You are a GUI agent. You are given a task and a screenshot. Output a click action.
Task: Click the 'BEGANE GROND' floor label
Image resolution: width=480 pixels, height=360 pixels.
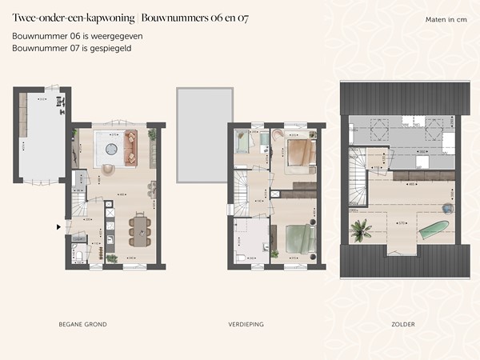point(82,324)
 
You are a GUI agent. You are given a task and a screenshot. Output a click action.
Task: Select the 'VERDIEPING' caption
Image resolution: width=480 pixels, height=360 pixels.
point(246,324)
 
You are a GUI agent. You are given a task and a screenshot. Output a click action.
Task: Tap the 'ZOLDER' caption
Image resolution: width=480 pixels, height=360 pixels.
point(402,324)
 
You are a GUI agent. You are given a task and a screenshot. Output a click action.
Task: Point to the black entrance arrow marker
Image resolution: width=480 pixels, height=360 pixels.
point(58,227)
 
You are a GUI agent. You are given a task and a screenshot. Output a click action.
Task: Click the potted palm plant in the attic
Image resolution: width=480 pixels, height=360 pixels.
point(361,229)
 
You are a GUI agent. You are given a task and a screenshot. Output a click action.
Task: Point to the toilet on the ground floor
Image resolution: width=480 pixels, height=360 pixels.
point(78,257)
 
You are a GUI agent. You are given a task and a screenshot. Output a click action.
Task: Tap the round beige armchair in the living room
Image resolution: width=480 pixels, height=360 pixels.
point(109,169)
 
